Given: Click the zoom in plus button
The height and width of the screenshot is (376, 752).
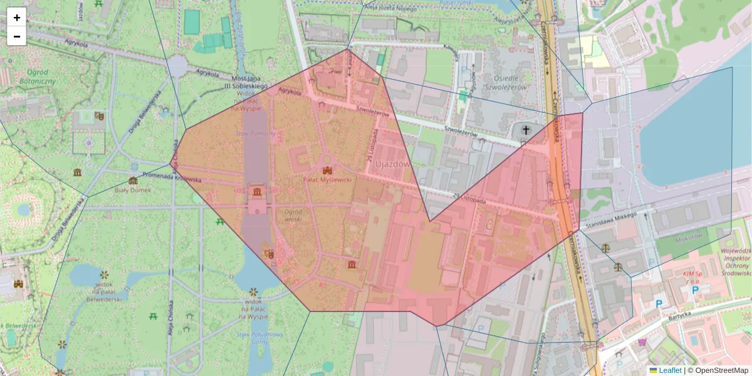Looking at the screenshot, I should pyautogui.click(x=17, y=17).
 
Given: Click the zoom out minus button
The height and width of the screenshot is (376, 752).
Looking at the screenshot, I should pyautogui.click(x=17, y=36).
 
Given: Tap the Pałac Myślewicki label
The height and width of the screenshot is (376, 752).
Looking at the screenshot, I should pyautogui.click(x=327, y=179).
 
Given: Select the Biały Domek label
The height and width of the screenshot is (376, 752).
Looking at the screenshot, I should pyautogui.click(x=132, y=189).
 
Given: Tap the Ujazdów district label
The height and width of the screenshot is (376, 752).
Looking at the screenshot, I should pyautogui.click(x=393, y=164).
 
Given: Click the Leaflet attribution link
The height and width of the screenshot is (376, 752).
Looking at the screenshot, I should pyautogui.click(x=669, y=370).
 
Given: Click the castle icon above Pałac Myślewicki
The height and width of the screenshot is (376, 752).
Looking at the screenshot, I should pyautogui.click(x=327, y=170).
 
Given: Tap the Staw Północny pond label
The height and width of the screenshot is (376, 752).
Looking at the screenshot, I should pyautogui.click(x=256, y=133).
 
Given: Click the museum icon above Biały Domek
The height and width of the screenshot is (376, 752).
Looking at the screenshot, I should pyautogui.click(x=133, y=180).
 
